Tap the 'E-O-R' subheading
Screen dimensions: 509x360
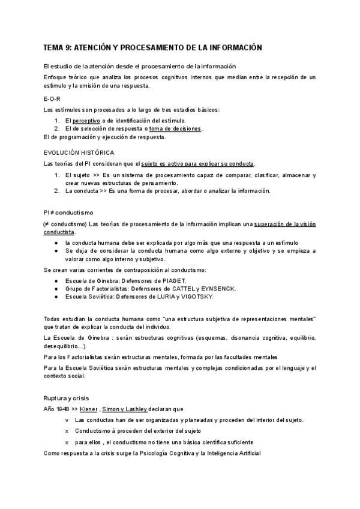click(52, 98)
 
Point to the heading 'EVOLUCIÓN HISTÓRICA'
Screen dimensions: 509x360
click(79, 152)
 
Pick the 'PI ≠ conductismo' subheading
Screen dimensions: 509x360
click(68, 213)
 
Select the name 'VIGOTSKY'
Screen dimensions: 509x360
click(195, 297)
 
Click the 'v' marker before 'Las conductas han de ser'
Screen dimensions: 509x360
click(67, 420)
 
